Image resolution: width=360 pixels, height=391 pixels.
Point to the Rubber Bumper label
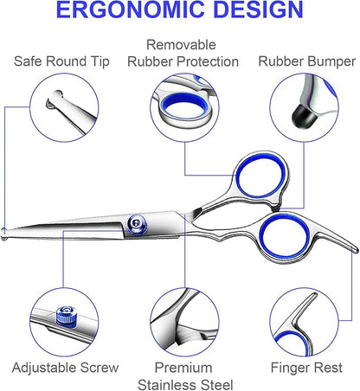pos(307,61)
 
